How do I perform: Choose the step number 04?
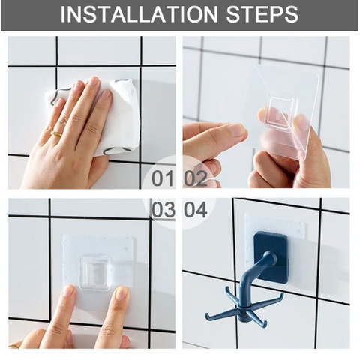pos(196,210)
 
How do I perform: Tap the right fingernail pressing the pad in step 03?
pos(121,293)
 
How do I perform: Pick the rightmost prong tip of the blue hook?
pos(281,297)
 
